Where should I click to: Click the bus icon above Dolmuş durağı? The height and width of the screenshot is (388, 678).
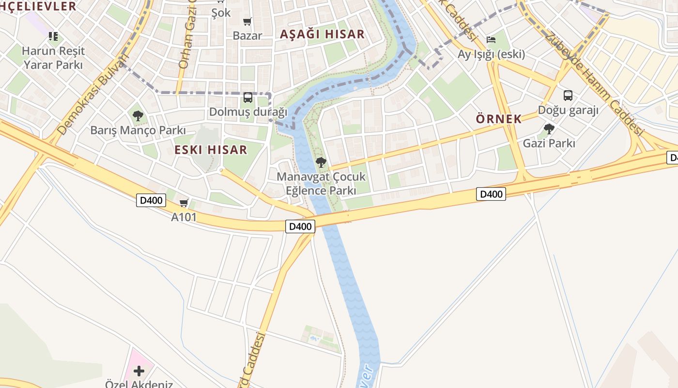click(x=247, y=97)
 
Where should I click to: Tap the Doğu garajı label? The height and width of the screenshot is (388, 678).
click(x=568, y=110)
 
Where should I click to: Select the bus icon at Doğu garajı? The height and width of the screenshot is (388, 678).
click(x=568, y=95)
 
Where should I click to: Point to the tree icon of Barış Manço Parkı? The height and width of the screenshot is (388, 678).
click(x=138, y=115)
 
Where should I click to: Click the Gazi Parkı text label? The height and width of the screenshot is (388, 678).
click(x=549, y=143)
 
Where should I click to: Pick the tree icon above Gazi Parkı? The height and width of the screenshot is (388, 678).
click(x=549, y=129)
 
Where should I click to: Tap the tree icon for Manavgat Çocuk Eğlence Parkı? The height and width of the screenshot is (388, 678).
click(x=321, y=162)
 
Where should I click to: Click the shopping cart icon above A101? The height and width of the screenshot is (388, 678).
click(x=184, y=203)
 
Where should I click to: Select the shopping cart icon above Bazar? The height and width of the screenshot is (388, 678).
click(x=247, y=21)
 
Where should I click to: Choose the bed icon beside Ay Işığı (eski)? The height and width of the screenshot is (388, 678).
click(x=491, y=39)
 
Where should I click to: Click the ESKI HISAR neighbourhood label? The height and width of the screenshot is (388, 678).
click(x=211, y=150)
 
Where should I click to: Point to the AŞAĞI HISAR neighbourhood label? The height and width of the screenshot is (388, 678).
click(x=322, y=34)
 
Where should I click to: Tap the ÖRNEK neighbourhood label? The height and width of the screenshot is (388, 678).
click(x=499, y=119)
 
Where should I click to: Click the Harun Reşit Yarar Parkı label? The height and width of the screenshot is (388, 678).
click(x=53, y=58)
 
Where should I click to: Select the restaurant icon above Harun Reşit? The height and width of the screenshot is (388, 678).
click(x=53, y=36)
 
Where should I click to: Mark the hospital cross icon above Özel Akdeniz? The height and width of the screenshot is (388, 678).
click(x=139, y=371)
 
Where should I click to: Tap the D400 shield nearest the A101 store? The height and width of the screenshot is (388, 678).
click(x=151, y=200)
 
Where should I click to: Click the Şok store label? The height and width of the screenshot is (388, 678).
click(x=221, y=13)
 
